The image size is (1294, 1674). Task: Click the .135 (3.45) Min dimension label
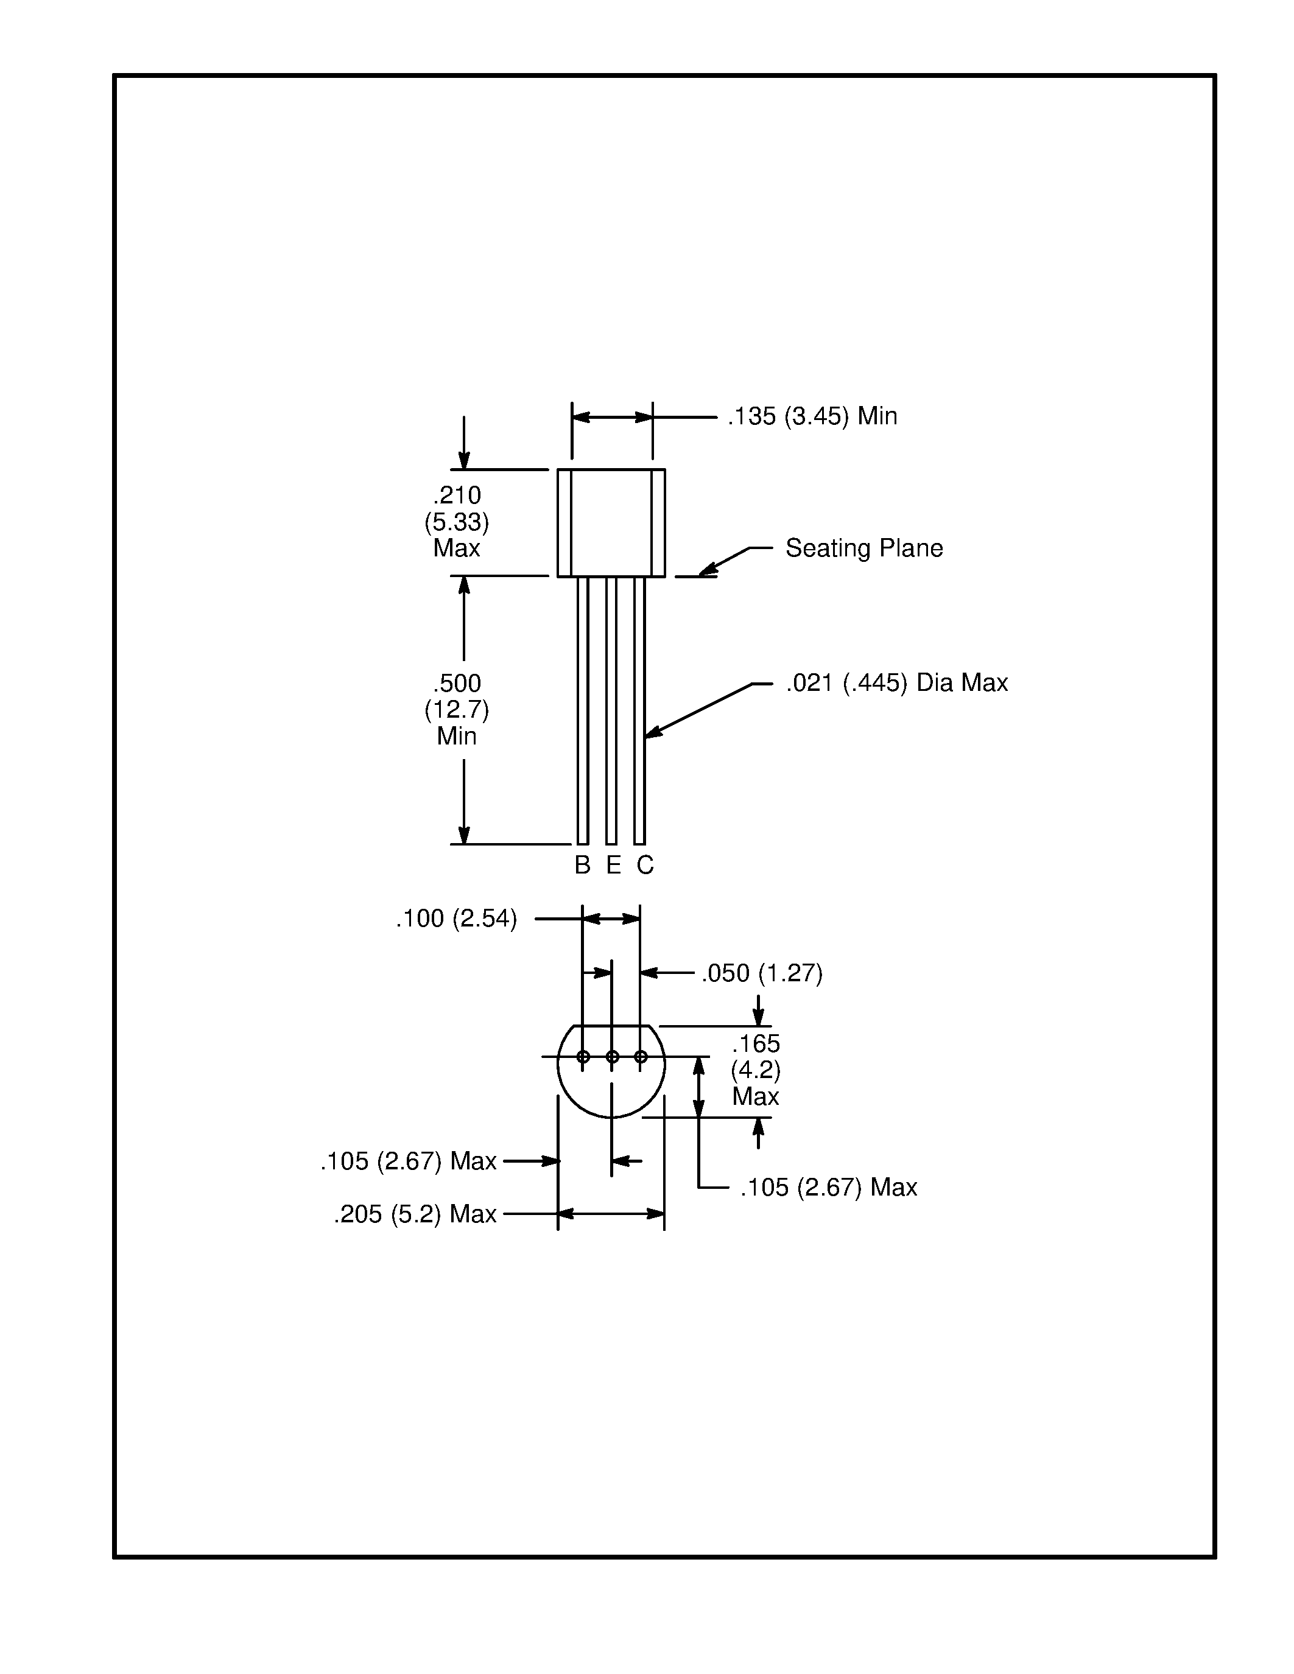point(812,416)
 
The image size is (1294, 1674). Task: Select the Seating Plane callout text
point(863,548)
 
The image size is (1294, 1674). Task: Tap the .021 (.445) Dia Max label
point(896,682)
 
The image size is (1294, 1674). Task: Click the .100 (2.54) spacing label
point(456,918)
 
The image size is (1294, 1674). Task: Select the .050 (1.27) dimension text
point(761,973)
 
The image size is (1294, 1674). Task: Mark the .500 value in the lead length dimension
point(457,683)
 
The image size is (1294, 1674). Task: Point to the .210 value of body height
point(457,495)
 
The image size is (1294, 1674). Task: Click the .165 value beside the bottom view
point(755,1044)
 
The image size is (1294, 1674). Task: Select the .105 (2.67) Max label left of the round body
point(408,1161)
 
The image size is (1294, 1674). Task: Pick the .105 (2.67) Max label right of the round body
point(828,1187)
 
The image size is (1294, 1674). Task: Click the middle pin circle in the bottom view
point(612,1057)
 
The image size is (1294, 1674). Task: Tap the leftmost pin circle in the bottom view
point(583,1057)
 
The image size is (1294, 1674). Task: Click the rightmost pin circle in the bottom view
point(641,1057)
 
